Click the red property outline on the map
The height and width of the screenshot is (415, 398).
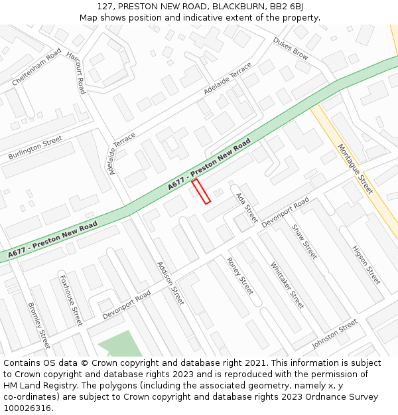point(201,191)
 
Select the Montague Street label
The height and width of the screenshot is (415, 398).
point(356,169)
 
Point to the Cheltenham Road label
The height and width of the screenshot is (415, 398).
point(36,66)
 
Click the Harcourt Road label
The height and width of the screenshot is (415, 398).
point(76,71)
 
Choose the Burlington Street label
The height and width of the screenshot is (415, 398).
point(35,148)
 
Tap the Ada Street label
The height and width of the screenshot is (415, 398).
point(246,208)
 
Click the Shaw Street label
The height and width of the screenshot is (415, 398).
point(304,241)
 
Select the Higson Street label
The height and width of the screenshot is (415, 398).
point(366,264)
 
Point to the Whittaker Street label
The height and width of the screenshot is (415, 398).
point(287,285)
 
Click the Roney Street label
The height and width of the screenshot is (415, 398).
point(240,276)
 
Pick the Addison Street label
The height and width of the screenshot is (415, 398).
point(170,282)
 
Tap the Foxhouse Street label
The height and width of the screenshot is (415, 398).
point(71,300)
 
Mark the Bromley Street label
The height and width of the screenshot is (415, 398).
point(39,325)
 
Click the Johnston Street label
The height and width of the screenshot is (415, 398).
point(334,334)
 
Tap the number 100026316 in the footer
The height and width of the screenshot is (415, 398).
point(27,408)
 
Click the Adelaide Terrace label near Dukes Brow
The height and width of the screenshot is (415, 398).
point(228,78)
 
